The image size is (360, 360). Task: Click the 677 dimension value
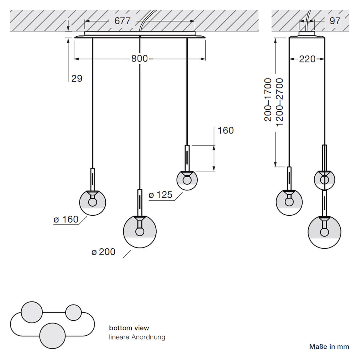[122, 21]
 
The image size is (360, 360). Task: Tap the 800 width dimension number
[139, 58]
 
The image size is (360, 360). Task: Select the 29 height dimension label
[77, 78]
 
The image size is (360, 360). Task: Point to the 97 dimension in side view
[335, 21]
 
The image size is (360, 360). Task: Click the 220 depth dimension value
[307, 59]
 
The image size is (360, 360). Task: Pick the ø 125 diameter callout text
[161, 195]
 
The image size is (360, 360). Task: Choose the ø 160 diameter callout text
[66, 220]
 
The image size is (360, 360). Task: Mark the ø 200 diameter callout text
[103, 252]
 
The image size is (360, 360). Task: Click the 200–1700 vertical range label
[268, 100]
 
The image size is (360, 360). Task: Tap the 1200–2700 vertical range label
[280, 102]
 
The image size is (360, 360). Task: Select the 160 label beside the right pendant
[226, 130]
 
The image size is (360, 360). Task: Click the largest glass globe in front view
[140, 231]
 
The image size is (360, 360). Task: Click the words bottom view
[129, 328]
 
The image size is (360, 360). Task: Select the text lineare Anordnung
[137, 337]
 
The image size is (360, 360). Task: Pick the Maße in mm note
[329, 347]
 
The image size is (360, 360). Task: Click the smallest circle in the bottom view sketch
[73, 312]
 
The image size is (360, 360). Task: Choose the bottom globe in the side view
[324, 232]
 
